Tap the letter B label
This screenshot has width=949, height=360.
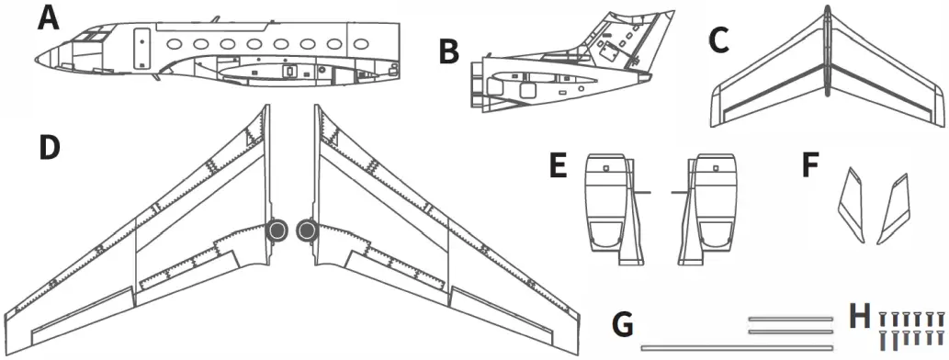pyautogui.click(x=448, y=52)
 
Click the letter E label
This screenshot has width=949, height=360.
pyautogui.click(x=556, y=168)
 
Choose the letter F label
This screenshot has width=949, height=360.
pyautogui.click(x=809, y=168)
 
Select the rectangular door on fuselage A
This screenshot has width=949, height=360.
pyautogui.click(x=143, y=48)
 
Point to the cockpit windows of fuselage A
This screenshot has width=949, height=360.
pyautogui.click(x=90, y=37)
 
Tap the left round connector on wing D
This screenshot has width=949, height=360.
pyautogui.click(x=277, y=231)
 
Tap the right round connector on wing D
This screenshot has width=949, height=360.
pyautogui.click(x=307, y=231)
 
